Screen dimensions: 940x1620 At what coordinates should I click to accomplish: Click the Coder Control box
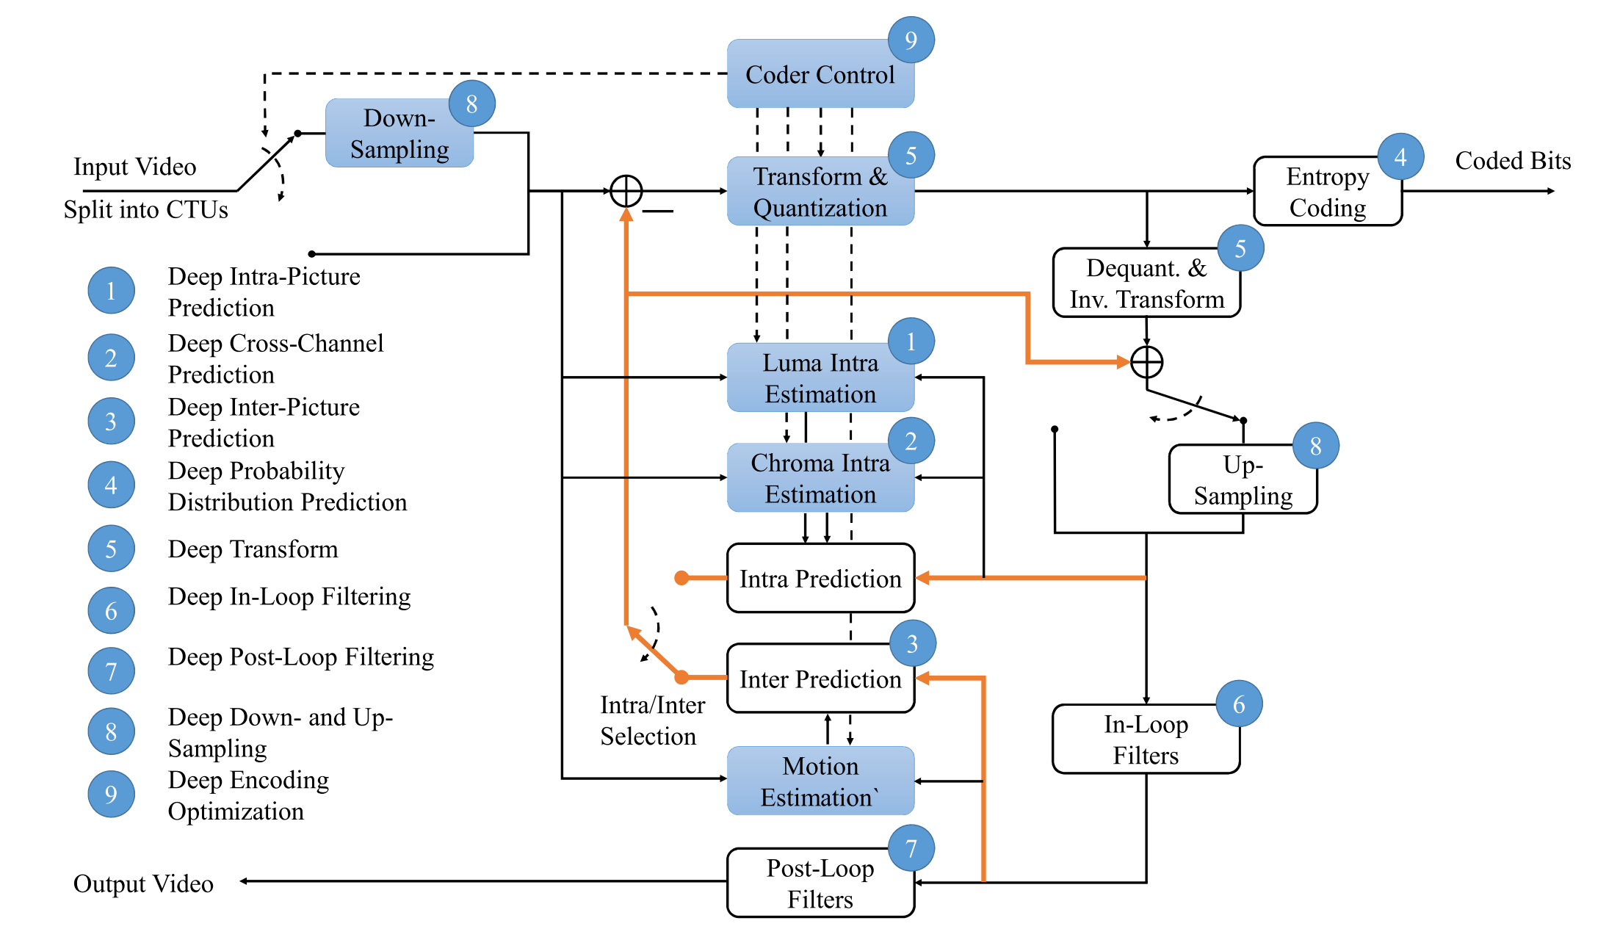tap(820, 74)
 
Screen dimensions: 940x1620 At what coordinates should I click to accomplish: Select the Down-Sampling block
tap(399, 134)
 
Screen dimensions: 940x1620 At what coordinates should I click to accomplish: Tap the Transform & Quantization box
tap(820, 192)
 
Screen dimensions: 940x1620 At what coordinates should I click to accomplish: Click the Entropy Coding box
tap(1327, 192)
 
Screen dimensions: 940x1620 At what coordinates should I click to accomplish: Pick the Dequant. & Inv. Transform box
tap(1146, 283)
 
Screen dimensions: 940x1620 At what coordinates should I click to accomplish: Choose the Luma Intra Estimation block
tap(820, 378)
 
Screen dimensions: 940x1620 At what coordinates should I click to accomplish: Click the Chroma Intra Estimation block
tap(820, 478)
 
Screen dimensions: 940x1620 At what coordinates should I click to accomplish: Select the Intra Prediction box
tap(820, 579)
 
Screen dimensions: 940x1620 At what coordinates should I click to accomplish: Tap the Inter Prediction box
tap(820, 679)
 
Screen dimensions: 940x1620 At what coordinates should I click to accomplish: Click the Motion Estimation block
tap(820, 781)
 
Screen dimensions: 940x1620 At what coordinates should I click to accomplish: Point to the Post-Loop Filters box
tap(820, 883)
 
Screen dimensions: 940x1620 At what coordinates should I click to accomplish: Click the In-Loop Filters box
tap(1146, 740)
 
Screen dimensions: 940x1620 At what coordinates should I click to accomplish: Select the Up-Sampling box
tap(1243, 480)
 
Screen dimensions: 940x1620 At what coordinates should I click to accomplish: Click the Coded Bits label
tap(1513, 161)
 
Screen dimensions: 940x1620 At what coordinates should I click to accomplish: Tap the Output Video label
tap(143, 883)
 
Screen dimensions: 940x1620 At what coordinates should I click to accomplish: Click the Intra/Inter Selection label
tap(651, 720)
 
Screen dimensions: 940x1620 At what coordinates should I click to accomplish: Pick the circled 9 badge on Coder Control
tap(911, 40)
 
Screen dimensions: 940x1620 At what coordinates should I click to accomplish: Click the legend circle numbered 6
tap(111, 610)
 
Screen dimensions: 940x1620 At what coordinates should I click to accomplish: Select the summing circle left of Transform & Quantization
tap(626, 192)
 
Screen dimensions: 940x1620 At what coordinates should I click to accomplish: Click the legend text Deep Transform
tap(253, 549)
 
